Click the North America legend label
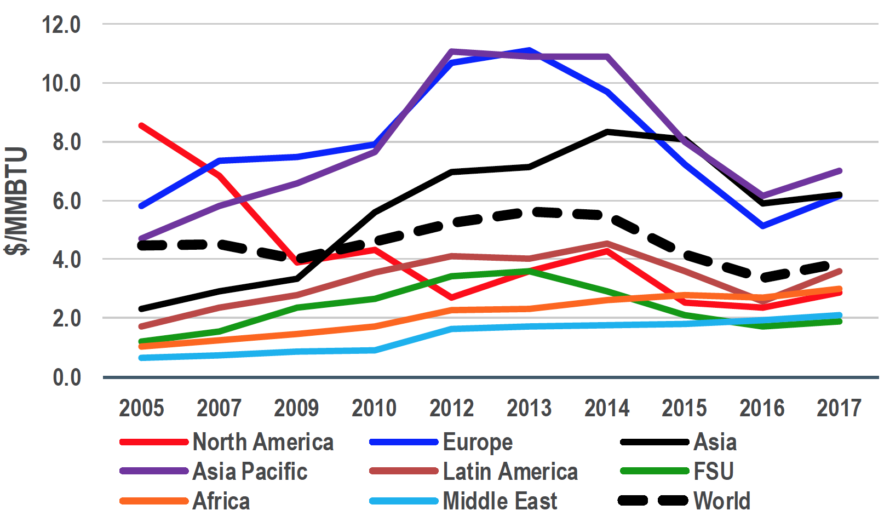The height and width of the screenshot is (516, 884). click(263, 442)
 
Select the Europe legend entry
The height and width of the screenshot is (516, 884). click(477, 442)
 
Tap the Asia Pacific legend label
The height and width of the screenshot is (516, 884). click(250, 472)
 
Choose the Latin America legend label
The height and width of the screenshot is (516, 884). click(510, 472)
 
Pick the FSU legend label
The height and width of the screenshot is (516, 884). click(713, 472)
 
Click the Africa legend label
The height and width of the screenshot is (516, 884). click(221, 501)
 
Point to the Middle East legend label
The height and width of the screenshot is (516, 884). click(500, 501)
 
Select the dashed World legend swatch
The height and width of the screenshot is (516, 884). click(653, 501)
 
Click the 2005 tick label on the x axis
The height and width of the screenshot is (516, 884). click(141, 408)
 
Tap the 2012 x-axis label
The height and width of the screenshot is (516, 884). click(451, 408)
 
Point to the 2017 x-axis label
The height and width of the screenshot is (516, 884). click(839, 408)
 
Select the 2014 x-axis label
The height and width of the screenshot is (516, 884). click(607, 408)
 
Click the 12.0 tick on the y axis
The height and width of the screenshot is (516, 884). click(61, 25)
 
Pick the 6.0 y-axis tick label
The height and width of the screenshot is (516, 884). click(66, 201)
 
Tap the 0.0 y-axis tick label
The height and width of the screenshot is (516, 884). click(66, 377)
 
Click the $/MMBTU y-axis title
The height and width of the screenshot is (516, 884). click(16, 201)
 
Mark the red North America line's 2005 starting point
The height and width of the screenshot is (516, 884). click(141, 125)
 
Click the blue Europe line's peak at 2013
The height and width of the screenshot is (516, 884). click(529, 51)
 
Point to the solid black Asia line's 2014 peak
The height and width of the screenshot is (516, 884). click(607, 132)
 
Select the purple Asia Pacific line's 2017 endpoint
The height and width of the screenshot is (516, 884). click(839, 171)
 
